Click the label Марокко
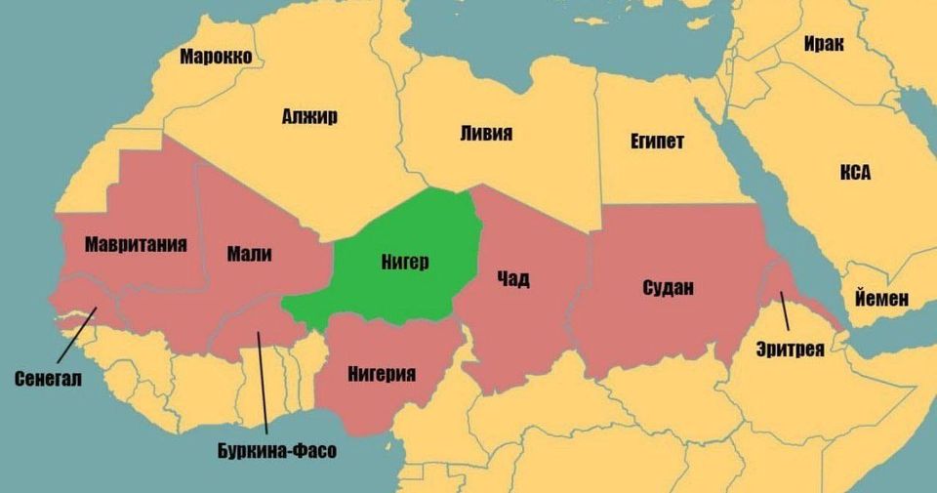coord(216,57)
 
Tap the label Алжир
coord(309,117)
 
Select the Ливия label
coord(485,134)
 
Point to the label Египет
coord(657,143)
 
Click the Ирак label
coord(824,44)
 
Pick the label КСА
coord(855,173)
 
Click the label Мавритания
coord(136,243)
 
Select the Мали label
coord(249,255)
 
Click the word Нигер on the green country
coord(405,262)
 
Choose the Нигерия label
coord(383,374)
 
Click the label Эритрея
coord(791,349)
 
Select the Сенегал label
coord(48,378)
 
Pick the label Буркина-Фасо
coord(276,451)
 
